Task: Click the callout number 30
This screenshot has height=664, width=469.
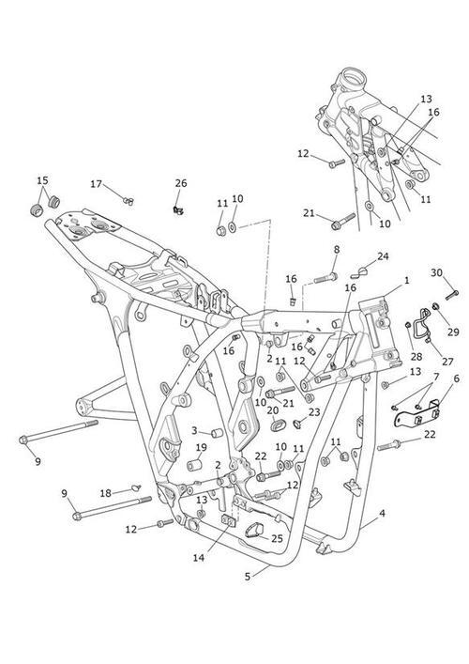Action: point(437,272)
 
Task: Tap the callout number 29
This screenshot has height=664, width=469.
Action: point(453,332)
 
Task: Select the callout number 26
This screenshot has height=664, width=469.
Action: point(181,183)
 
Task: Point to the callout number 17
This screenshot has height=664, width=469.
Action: point(97,184)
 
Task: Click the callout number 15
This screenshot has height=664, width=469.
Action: point(43,181)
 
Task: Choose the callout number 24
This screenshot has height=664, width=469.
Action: point(383,256)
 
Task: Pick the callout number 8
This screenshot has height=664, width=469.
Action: point(336,250)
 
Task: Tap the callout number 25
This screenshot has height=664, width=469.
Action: point(277,539)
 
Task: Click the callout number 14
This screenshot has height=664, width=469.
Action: point(199,558)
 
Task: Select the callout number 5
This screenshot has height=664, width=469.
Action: point(248,577)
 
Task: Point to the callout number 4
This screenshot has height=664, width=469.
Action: point(382,514)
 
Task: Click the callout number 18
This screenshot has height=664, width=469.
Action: point(106,493)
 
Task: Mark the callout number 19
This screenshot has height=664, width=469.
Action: point(202,447)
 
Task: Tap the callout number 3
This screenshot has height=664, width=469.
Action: point(194,431)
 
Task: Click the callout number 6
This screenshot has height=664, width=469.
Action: point(456,378)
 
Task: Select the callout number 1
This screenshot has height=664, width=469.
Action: point(406,280)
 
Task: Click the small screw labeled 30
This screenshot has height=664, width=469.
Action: point(452,295)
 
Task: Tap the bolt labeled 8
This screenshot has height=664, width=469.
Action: point(325,279)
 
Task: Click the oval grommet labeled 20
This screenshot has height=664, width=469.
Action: point(276,425)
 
